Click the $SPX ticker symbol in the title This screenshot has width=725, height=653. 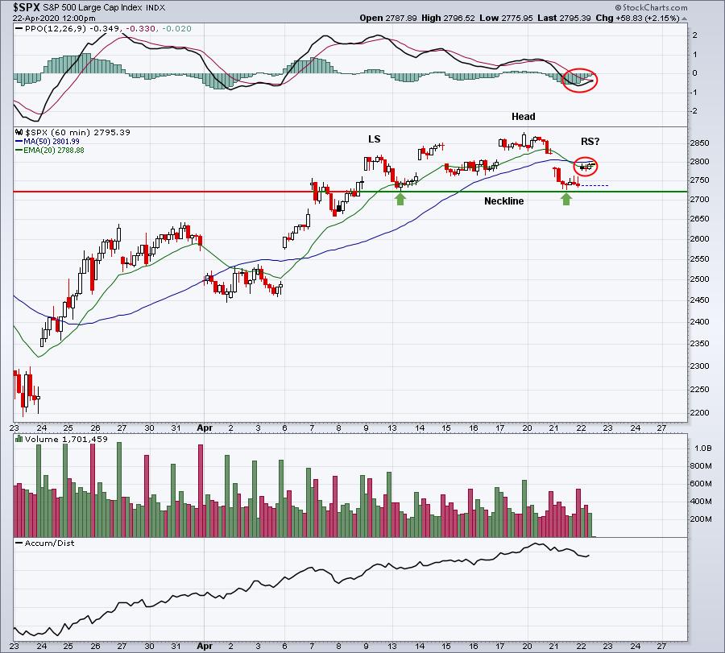click(26, 7)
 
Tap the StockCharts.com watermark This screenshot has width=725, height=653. click(651, 7)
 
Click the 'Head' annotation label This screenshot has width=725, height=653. click(524, 117)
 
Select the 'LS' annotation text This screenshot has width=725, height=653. click(374, 139)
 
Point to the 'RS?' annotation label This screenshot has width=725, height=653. click(590, 142)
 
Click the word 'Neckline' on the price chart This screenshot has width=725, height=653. click(504, 201)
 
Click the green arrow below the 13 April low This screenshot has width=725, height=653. click(400, 199)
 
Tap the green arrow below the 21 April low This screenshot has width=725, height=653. click(566, 199)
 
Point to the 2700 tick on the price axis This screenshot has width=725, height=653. click(699, 199)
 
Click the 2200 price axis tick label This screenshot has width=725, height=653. click(699, 413)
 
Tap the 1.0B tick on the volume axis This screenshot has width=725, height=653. click(702, 448)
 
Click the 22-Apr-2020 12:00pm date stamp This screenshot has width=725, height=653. click(54, 18)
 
